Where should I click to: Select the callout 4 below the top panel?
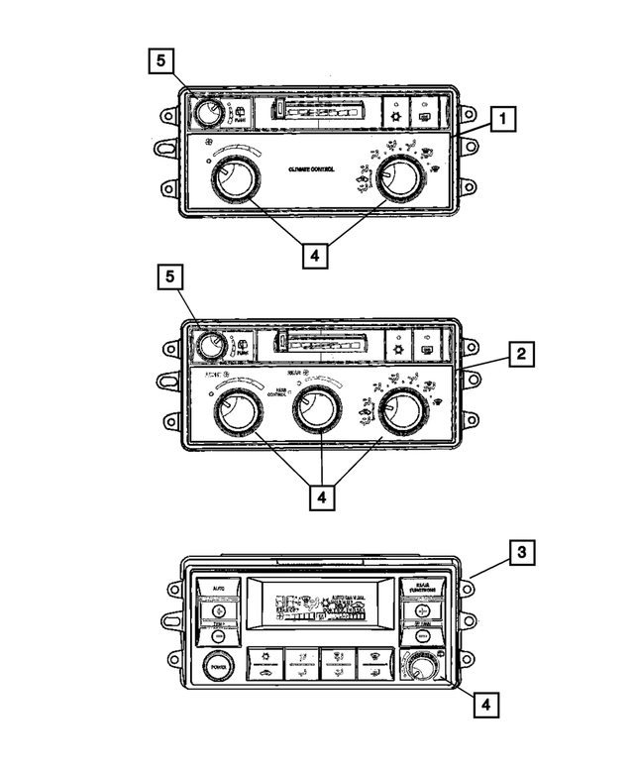point(314,255)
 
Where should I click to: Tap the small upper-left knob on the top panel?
point(207,113)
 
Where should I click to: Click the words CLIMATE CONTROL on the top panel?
point(311,169)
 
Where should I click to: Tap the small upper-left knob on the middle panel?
point(209,346)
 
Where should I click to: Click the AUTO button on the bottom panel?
point(218,589)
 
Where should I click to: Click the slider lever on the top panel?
point(281,108)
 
